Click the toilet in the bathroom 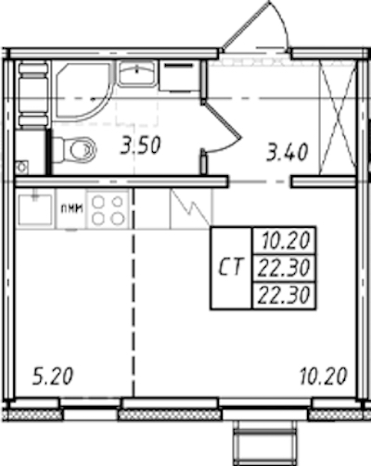point(74,150)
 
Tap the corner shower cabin point(83,92)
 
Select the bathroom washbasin point(136,73)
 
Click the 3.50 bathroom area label point(141,145)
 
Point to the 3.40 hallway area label point(288,152)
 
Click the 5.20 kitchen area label point(53,376)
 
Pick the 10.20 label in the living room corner point(324,376)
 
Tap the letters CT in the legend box point(230,267)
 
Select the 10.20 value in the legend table point(286,241)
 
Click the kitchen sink point(35,209)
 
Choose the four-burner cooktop point(108,210)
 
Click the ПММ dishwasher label point(71,209)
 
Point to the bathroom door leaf point(222,120)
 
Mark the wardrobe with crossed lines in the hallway point(337,118)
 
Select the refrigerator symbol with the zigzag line point(191,208)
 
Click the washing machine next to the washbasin point(178,76)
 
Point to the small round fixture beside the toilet point(22,168)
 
